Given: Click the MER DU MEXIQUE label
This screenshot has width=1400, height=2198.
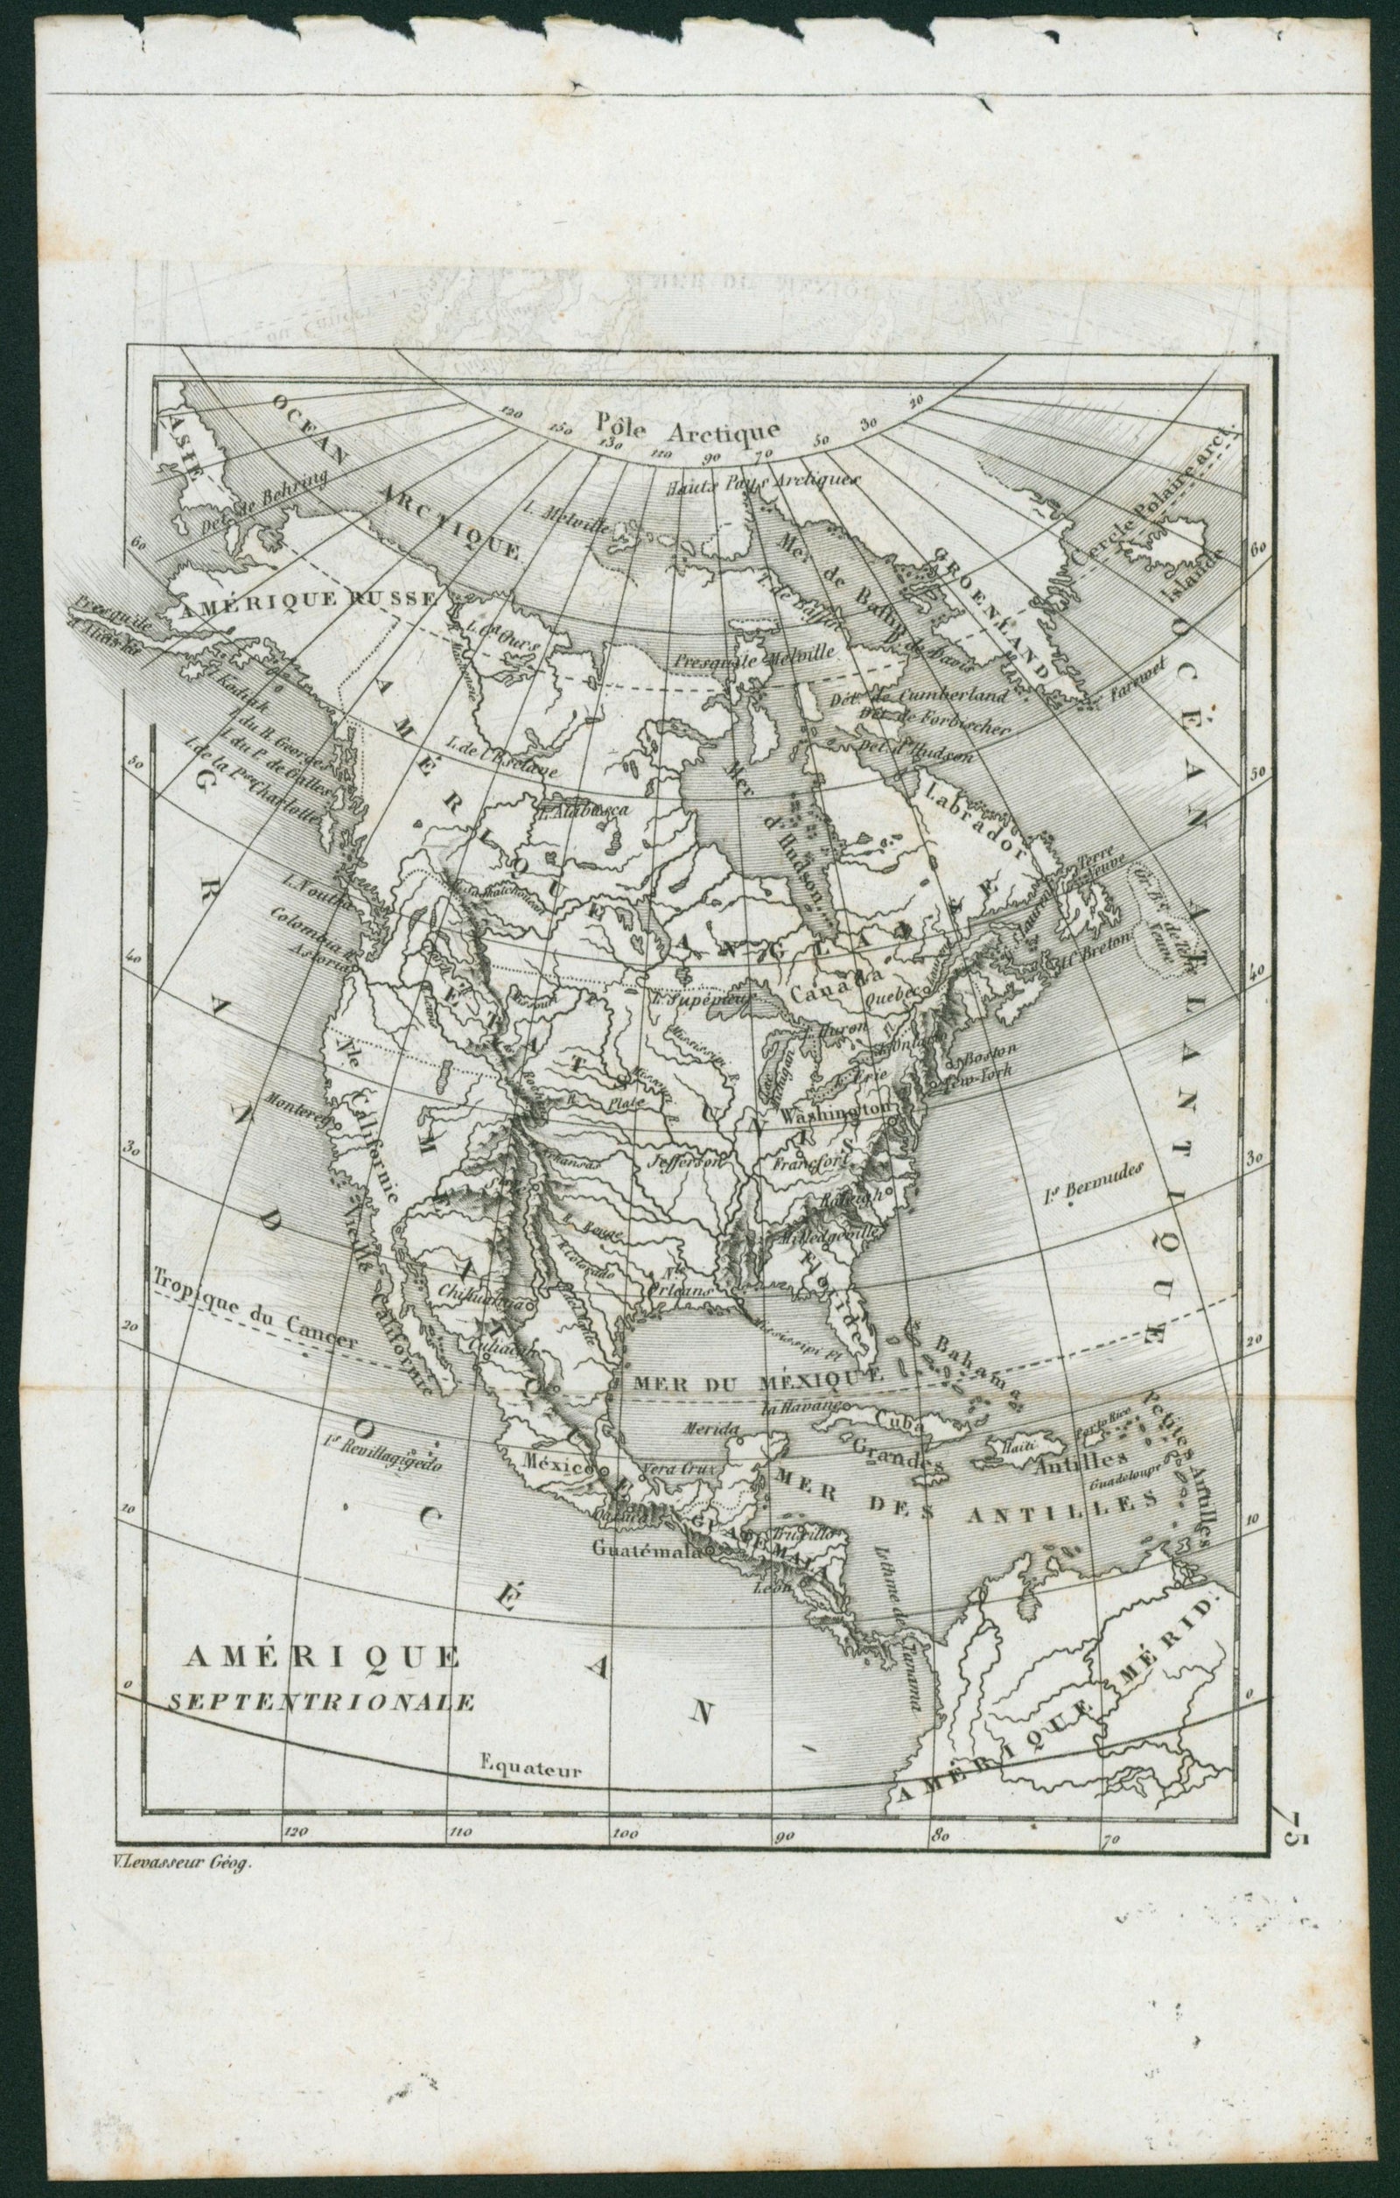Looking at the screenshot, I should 748,1382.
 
